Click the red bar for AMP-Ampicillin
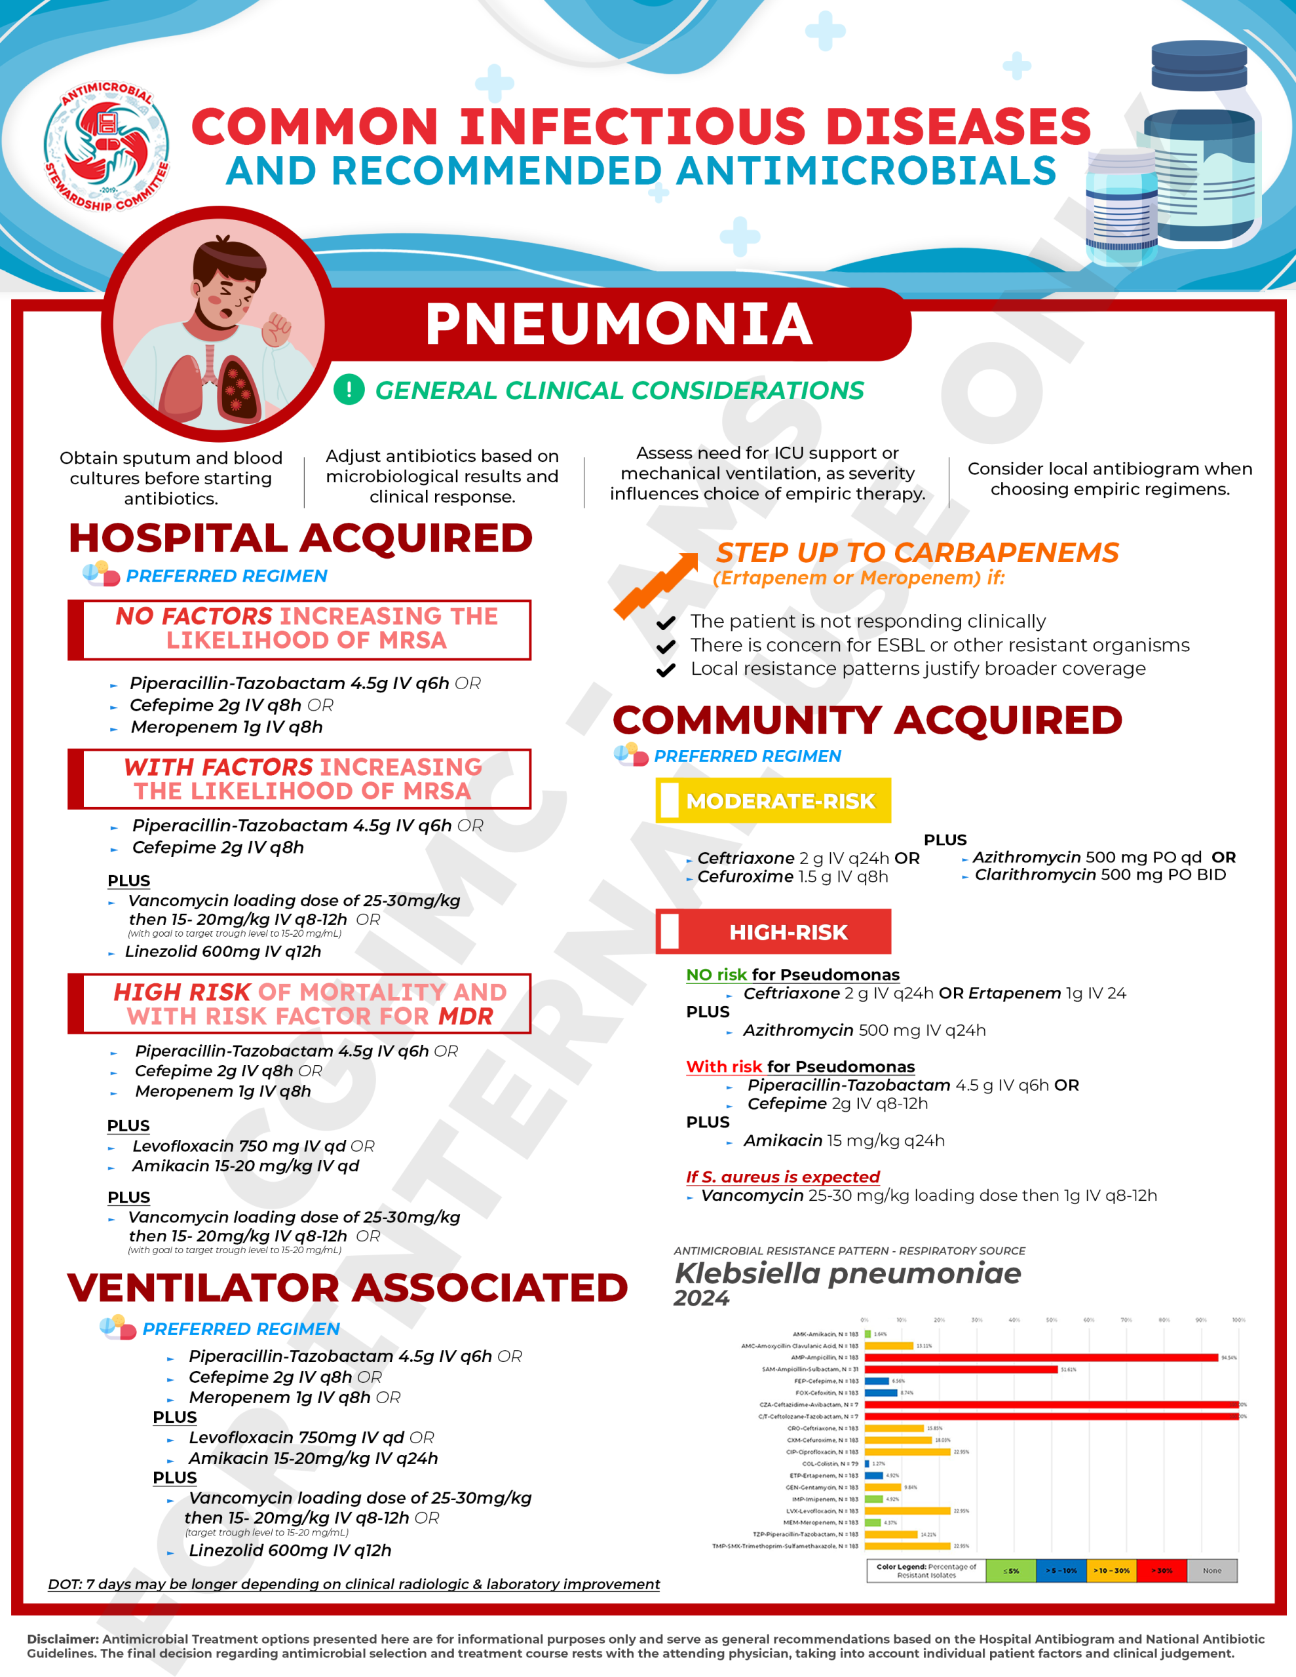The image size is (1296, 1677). [1041, 1357]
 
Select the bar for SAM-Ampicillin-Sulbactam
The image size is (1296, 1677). [961, 1369]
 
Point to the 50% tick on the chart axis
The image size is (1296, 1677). [1051, 1320]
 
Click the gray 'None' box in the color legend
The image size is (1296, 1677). [1211, 1570]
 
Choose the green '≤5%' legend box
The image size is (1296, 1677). [1011, 1570]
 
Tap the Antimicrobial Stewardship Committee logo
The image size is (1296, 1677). [107, 147]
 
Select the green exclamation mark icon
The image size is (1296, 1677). [349, 389]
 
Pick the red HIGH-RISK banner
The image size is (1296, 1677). [773, 932]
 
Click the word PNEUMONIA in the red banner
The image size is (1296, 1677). [619, 324]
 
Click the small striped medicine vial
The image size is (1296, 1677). [1122, 207]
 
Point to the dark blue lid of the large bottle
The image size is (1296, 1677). [1198, 66]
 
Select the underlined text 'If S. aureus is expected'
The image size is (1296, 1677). [782, 1177]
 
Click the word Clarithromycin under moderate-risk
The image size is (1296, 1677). [1035, 875]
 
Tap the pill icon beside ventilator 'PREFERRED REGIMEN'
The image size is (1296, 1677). [117, 1328]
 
